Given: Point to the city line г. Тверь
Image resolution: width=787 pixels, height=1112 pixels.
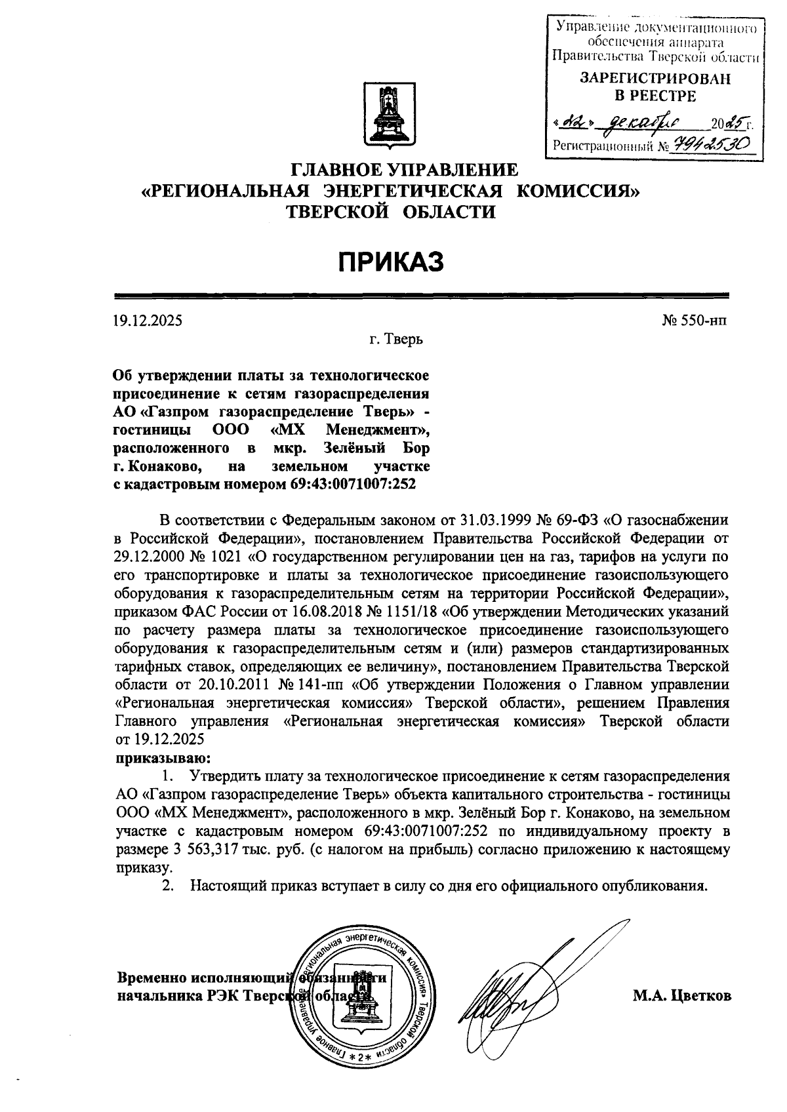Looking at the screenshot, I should click(395, 340).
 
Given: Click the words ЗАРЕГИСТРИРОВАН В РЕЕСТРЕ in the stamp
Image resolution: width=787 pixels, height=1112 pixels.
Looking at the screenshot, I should click(654, 87).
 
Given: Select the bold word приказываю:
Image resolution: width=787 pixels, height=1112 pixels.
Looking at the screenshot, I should click(155, 759).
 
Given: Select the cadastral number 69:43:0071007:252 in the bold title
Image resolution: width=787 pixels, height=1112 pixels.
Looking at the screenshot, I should click(352, 485).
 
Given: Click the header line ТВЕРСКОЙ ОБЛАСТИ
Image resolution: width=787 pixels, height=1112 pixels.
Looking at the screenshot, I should click(392, 211).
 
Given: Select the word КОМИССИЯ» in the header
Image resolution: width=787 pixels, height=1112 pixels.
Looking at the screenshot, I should click(576, 191).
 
